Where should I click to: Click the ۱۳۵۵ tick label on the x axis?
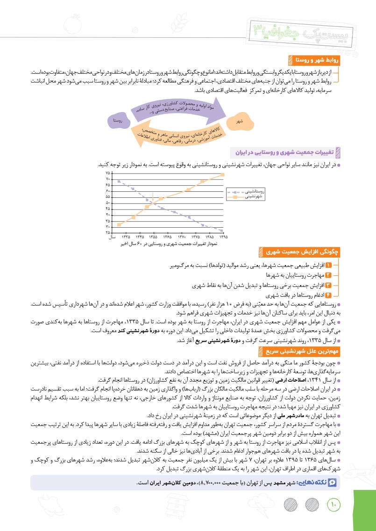pyautogui.click(x=154, y=237)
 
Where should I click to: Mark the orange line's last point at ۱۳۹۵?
pyautogui.click(x=223, y=175)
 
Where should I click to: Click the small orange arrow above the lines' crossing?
pyautogui.click(x=153, y=195)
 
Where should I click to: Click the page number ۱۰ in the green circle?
pyautogui.click(x=334, y=504)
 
